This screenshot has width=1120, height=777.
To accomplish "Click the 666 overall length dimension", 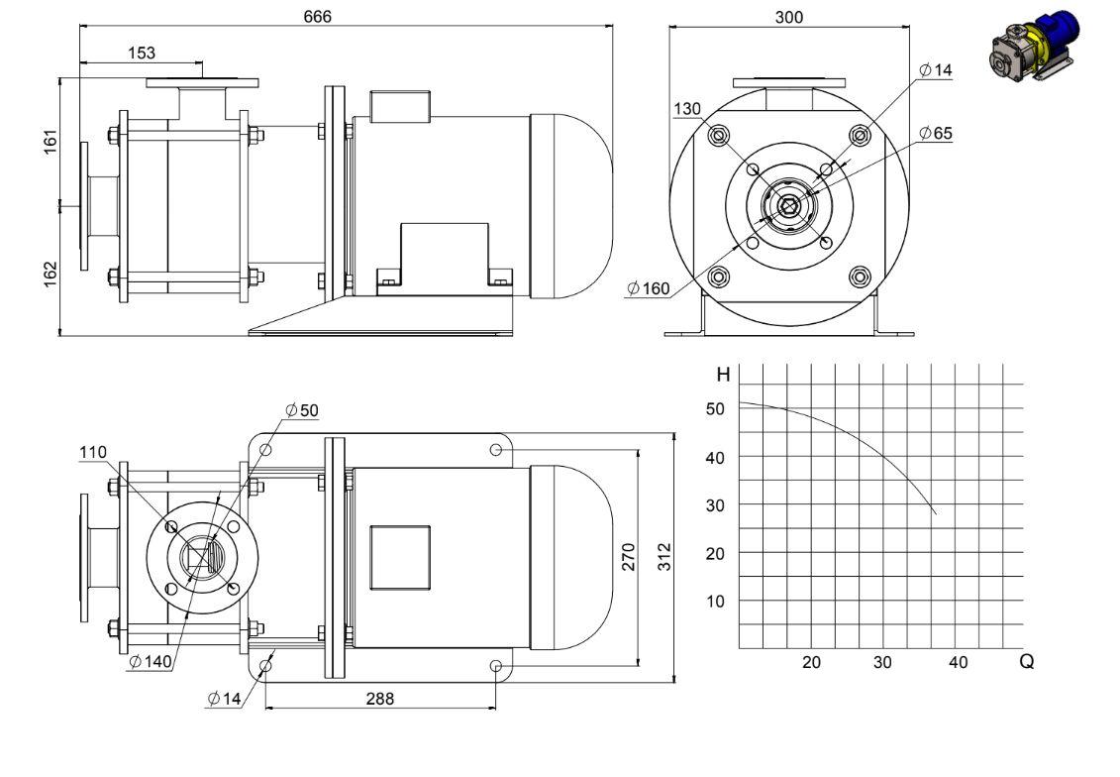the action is (x=317, y=17).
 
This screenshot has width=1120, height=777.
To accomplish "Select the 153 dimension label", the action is (x=142, y=53).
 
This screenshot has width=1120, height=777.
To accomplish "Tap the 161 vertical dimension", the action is (x=51, y=142).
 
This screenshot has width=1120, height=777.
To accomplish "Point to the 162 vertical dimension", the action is (x=51, y=275).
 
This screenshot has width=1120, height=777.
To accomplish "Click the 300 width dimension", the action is (x=788, y=17).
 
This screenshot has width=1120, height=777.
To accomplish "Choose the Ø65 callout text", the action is (x=936, y=133).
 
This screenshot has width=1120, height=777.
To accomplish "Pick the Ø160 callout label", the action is (x=649, y=288).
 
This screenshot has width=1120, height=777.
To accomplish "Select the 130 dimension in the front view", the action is (x=687, y=109).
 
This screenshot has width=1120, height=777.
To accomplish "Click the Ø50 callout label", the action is (x=301, y=410).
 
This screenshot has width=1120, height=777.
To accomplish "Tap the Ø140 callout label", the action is (x=151, y=662).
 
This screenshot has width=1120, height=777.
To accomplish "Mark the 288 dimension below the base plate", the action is (x=379, y=699).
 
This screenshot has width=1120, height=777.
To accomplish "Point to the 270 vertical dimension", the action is (x=629, y=557).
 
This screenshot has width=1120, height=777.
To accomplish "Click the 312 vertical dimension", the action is (x=665, y=557).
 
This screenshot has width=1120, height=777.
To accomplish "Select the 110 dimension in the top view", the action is (x=93, y=453).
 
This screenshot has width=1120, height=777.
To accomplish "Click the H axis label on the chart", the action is (x=724, y=375).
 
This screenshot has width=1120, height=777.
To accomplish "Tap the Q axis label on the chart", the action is (x=1027, y=662).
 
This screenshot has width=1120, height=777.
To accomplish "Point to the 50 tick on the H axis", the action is (x=715, y=409).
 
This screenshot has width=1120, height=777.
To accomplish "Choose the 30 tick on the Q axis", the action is (x=882, y=663).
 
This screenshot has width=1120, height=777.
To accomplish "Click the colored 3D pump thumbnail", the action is (x=1035, y=43).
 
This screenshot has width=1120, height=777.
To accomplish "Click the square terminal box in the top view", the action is (x=400, y=558).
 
